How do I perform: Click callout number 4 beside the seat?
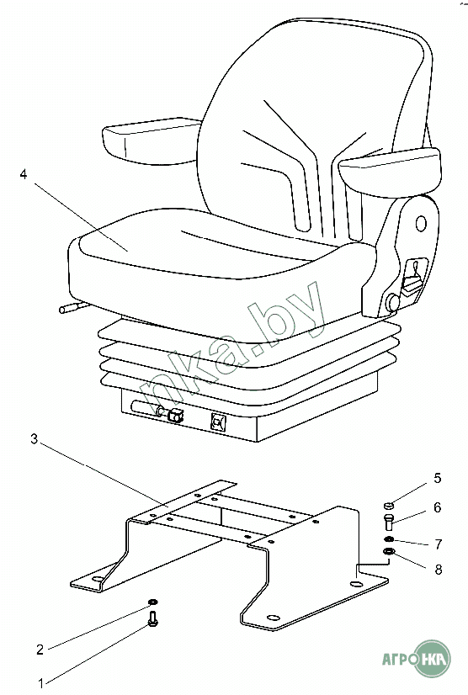click(24, 174)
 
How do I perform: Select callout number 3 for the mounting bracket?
click(35, 439)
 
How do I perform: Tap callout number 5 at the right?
click(438, 478)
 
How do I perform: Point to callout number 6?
click(438, 507)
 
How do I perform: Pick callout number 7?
click(439, 544)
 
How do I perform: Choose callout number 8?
click(439, 569)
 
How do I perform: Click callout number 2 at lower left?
click(40, 650)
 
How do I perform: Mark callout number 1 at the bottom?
click(40, 683)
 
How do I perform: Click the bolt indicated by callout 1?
click(153, 619)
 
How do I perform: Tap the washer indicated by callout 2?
click(152, 602)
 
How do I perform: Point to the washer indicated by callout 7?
click(388, 539)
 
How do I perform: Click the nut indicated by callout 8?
click(388, 552)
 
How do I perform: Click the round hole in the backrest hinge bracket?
click(421, 224)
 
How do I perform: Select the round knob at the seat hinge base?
click(392, 302)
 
